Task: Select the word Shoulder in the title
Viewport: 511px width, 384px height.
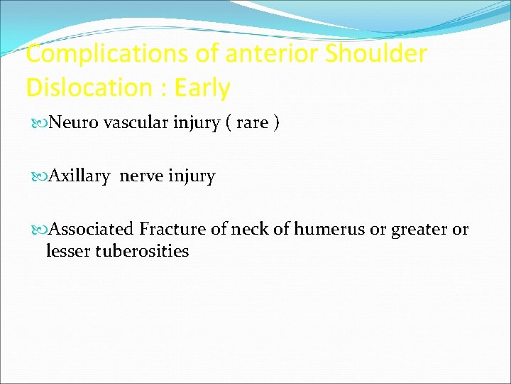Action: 376,54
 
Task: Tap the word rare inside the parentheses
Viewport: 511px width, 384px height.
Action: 252,123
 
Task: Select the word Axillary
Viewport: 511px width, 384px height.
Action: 79,176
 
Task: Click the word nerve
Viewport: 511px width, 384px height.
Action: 141,176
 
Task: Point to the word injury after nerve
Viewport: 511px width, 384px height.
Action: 191,176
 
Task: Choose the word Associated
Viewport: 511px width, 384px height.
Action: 92,229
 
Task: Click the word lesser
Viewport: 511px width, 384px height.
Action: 67,250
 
